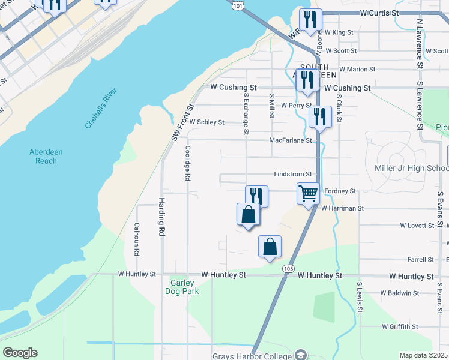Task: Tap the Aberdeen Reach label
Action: click(x=43, y=156)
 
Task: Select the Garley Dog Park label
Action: click(x=182, y=286)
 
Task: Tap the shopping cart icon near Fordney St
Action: click(x=308, y=194)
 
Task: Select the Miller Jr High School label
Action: click(x=411, y=169)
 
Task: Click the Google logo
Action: click(x=20, y=353)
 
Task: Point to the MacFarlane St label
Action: click(x=291, y=140)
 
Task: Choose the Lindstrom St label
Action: click(x=292, y=174)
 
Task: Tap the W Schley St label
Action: click(x=206, y=122)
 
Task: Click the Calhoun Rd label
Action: click(x=137, y=239)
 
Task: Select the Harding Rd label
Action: click(x=161, y=217)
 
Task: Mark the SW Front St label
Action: click(x=183, y=122)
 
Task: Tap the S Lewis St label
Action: click(x=360, y=298)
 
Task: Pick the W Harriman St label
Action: click(x=342, y=208)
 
